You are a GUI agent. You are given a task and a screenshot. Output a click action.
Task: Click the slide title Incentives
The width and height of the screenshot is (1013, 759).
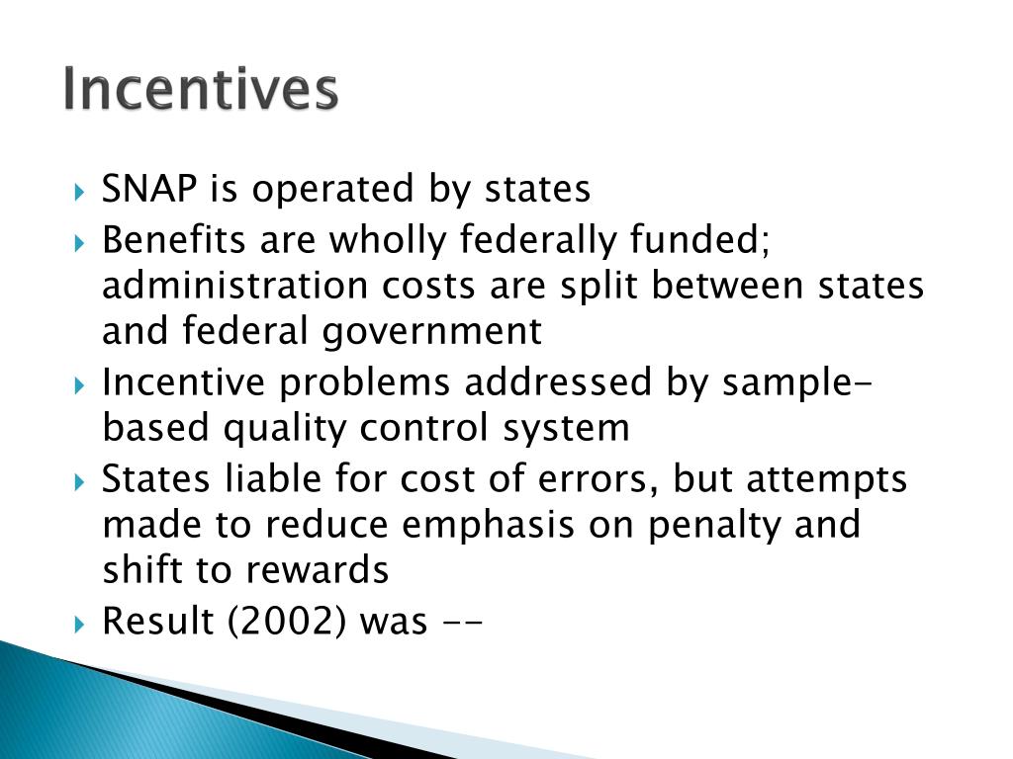[x=200, y=90]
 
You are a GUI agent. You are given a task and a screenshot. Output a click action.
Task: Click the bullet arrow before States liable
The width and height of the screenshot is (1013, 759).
[x=81, y=482]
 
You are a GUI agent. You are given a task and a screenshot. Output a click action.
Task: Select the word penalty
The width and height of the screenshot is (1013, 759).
[x=707, y=525]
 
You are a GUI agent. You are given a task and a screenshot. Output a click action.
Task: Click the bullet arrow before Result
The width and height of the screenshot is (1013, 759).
[x=81, y=625]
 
